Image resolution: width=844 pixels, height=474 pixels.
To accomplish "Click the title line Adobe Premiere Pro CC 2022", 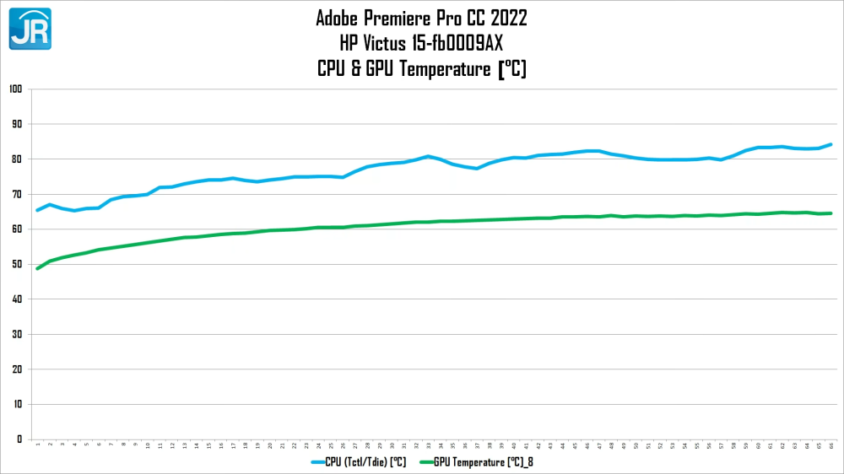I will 421,18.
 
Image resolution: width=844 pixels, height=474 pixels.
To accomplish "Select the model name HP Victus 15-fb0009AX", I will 421,43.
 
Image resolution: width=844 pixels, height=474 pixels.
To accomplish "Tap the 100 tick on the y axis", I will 15,89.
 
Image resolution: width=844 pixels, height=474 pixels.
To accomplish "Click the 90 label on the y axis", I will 17,124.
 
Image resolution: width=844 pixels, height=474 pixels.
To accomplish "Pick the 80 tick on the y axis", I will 17,159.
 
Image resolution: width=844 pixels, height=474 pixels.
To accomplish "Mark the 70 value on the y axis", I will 17,194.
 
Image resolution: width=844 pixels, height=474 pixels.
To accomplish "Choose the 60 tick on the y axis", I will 17,229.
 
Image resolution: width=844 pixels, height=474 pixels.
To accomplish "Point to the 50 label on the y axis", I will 17,264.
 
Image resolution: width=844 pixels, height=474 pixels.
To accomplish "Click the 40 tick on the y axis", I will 17,299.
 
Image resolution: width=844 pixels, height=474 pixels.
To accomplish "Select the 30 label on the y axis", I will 17,334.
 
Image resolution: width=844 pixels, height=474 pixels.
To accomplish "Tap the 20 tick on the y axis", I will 17,369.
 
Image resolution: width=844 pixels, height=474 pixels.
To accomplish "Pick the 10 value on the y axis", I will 17,404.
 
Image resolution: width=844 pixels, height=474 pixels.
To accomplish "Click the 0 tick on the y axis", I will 19,439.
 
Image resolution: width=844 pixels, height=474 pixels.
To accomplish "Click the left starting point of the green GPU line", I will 38,268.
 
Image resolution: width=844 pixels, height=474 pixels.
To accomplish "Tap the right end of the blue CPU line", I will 831,144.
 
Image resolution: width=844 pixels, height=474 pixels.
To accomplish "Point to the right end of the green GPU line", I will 831,213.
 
